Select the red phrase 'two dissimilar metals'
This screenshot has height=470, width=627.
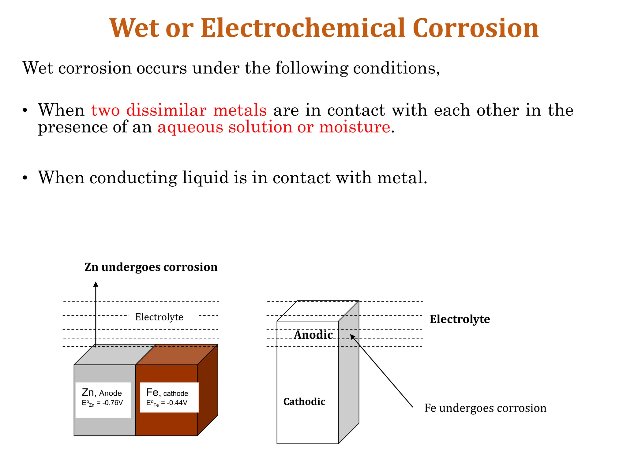point(179,110)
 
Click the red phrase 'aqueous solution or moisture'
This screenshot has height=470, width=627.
point(274,127)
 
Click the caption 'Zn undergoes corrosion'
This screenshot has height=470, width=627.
point(151,267)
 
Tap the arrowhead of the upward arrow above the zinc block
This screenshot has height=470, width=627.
point(96,285)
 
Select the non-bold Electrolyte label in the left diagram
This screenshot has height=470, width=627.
point(159,317)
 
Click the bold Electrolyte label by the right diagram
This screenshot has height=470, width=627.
point(460,319)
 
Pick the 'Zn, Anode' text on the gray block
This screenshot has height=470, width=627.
point(102,393)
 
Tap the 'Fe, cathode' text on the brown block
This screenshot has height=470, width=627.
point(167,393)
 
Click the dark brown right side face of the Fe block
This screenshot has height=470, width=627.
point(208,390)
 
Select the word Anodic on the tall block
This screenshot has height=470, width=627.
point(313,335)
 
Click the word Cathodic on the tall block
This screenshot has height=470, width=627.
point(304,402)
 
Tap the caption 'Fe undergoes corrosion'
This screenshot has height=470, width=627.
point(485,408)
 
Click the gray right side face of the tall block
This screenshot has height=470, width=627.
point(349,382)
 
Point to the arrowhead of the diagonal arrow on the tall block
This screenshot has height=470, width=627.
point(352,337)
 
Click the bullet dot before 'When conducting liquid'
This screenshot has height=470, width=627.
point(25,178)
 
